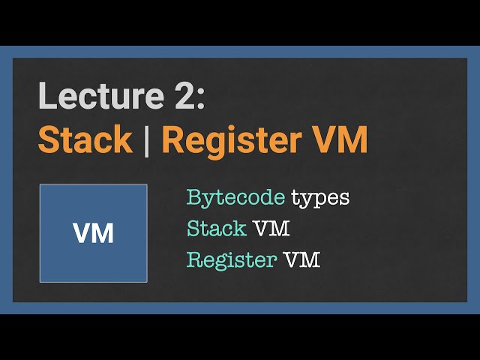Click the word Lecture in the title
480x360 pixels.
(x=101, y=95)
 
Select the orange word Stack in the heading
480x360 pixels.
(x=85, y=139)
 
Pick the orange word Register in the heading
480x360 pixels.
(x=232, y=142)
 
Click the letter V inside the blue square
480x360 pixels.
(x=82, y=233)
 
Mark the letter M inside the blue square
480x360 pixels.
(x=103, y=233)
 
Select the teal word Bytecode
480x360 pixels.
(x=236, y=198)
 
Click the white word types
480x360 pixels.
(x=320, y=199)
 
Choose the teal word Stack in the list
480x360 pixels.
(x=217, y=228)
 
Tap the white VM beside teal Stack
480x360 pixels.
(x=271, y=228)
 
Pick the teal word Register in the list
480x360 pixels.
(x=232, y=261)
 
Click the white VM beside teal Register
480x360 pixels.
(x=302, y=260)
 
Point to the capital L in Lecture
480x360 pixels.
(x=47, y=95)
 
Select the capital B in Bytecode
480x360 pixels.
(x=194, y=196)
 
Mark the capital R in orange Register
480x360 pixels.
(x=173, y=139)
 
